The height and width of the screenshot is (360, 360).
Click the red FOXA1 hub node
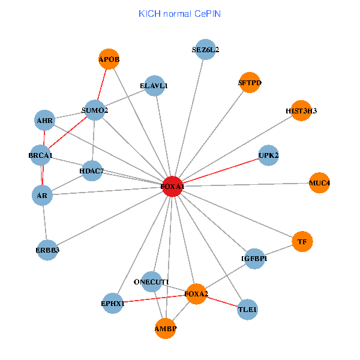172,187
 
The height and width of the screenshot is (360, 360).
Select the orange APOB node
109,59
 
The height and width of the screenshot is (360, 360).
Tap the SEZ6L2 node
205,50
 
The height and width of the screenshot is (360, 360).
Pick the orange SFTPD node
250,83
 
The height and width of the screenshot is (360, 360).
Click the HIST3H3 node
301,110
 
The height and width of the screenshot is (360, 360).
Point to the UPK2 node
268,155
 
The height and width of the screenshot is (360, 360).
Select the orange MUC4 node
320,182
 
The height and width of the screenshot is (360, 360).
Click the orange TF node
302,242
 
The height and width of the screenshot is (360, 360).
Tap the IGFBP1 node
254,259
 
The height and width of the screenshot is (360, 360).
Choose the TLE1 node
247,310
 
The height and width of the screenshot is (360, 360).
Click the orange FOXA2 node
196,293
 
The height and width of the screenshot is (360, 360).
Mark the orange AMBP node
166,329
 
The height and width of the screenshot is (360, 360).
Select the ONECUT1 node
152,281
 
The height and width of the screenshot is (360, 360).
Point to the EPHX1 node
112,303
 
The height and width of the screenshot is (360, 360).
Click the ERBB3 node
47,250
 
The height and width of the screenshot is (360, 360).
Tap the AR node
42,195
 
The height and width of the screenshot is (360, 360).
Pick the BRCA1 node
41,156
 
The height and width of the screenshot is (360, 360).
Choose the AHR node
45,120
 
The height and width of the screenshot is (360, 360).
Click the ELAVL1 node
154,86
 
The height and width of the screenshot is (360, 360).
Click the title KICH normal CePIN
179,13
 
